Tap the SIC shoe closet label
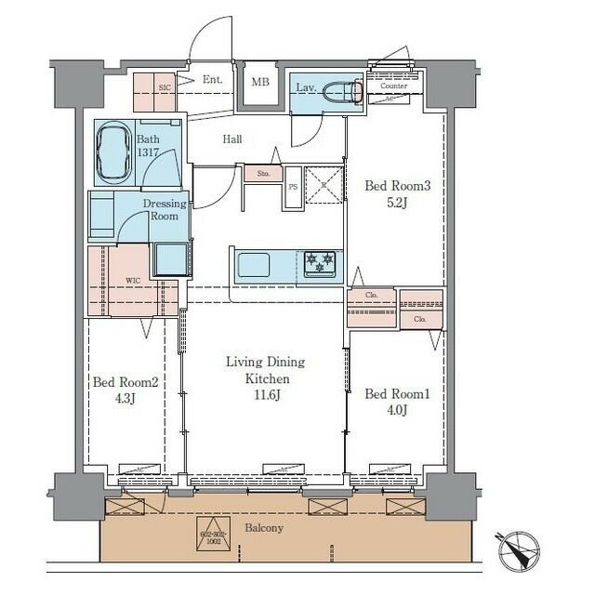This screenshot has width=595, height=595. pos(165,86)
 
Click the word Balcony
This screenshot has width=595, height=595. pos(264,528)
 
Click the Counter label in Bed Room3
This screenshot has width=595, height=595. pos(394,86)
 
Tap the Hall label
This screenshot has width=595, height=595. pos(232,139)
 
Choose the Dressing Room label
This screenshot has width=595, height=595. pos(165,209)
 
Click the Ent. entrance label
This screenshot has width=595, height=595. pos(212,81)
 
